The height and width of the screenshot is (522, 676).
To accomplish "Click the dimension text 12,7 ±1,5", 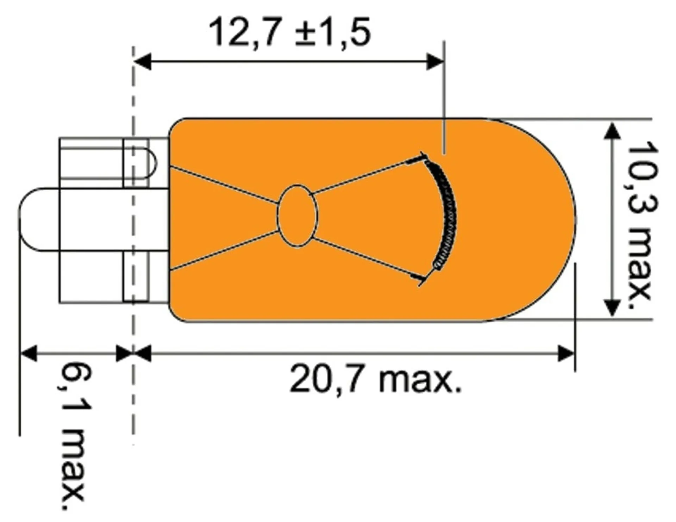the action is pyautogui.click(x=290, y=33).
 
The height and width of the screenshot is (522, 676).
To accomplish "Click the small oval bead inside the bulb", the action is pyautogui.click(x=298, y=216).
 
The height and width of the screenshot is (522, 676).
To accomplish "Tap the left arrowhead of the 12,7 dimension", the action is pyautogui.click(x=143, y=62).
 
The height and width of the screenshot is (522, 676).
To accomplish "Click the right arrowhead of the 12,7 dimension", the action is pyautogui.click(x=435, y=62).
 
